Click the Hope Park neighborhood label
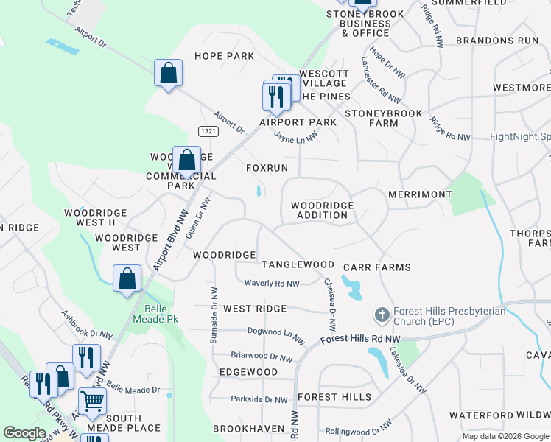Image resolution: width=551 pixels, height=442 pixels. point(224,56)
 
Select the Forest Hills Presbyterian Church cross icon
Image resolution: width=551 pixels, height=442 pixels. point(382,315)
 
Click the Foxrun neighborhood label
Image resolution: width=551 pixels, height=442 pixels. point(267,168)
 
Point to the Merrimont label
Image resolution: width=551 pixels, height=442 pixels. point(420,194)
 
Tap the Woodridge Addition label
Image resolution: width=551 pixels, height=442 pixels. point(322,210)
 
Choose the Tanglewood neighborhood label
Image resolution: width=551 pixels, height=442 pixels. point(298,264)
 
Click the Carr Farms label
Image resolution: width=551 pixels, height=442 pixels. point(377,267)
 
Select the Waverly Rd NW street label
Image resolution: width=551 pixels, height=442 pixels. point(272,284)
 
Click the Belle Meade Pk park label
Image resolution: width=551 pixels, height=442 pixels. point(151,314)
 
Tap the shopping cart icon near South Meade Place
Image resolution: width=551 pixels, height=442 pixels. point(92,401)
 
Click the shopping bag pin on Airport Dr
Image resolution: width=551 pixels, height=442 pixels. point(168,73)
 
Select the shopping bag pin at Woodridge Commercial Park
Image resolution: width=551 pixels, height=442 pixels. point(187,160)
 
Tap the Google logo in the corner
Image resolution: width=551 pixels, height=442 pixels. point(24,433)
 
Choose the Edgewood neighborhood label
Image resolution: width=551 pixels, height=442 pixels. point(248,372)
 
